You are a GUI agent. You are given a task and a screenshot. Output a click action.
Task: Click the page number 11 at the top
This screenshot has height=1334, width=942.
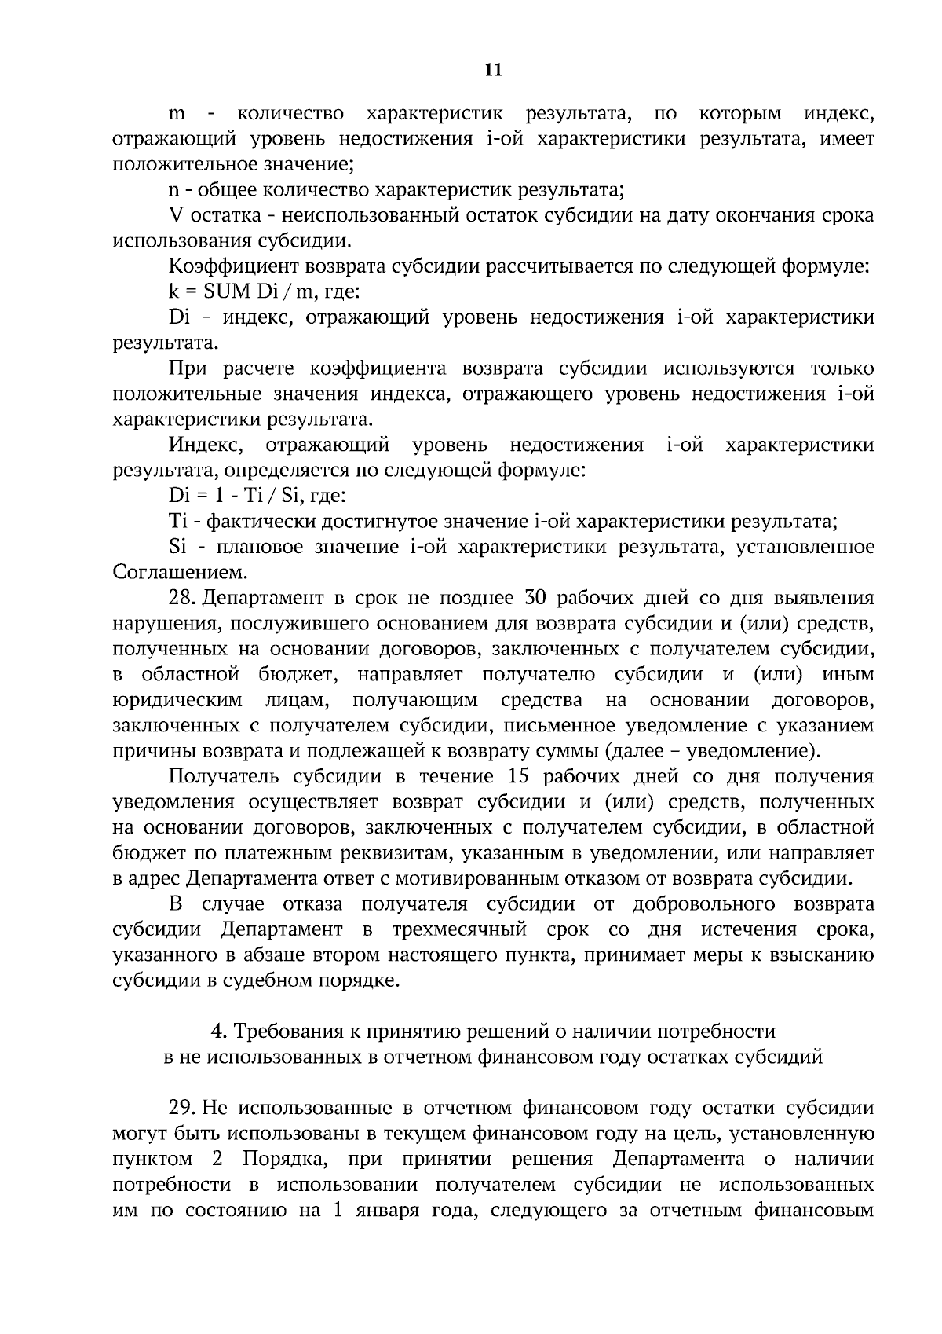(493, 70)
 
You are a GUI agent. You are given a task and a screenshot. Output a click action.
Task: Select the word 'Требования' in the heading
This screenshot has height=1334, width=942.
(288, 1032)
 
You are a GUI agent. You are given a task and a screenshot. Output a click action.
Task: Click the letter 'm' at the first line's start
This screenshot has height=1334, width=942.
(177, 115)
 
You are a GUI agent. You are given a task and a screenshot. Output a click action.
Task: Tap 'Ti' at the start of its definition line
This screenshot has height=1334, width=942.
(175, 521)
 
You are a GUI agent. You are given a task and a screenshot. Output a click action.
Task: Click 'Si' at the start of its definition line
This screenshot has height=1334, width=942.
(176, 547)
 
